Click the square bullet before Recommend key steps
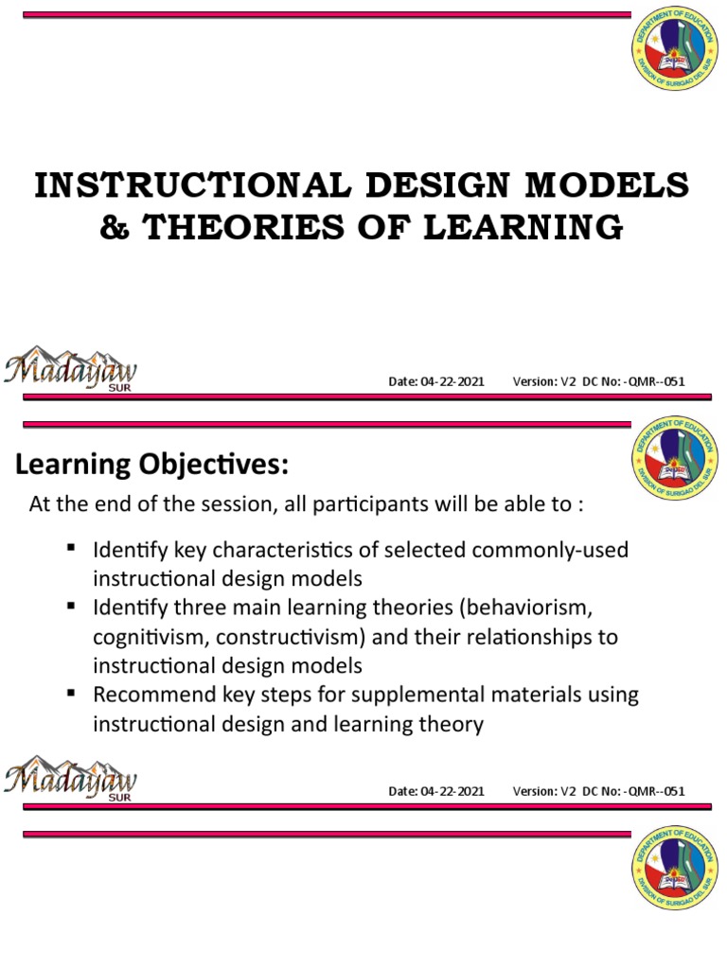[x=71, y=693]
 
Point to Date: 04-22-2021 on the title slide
[x=436, y=381]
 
